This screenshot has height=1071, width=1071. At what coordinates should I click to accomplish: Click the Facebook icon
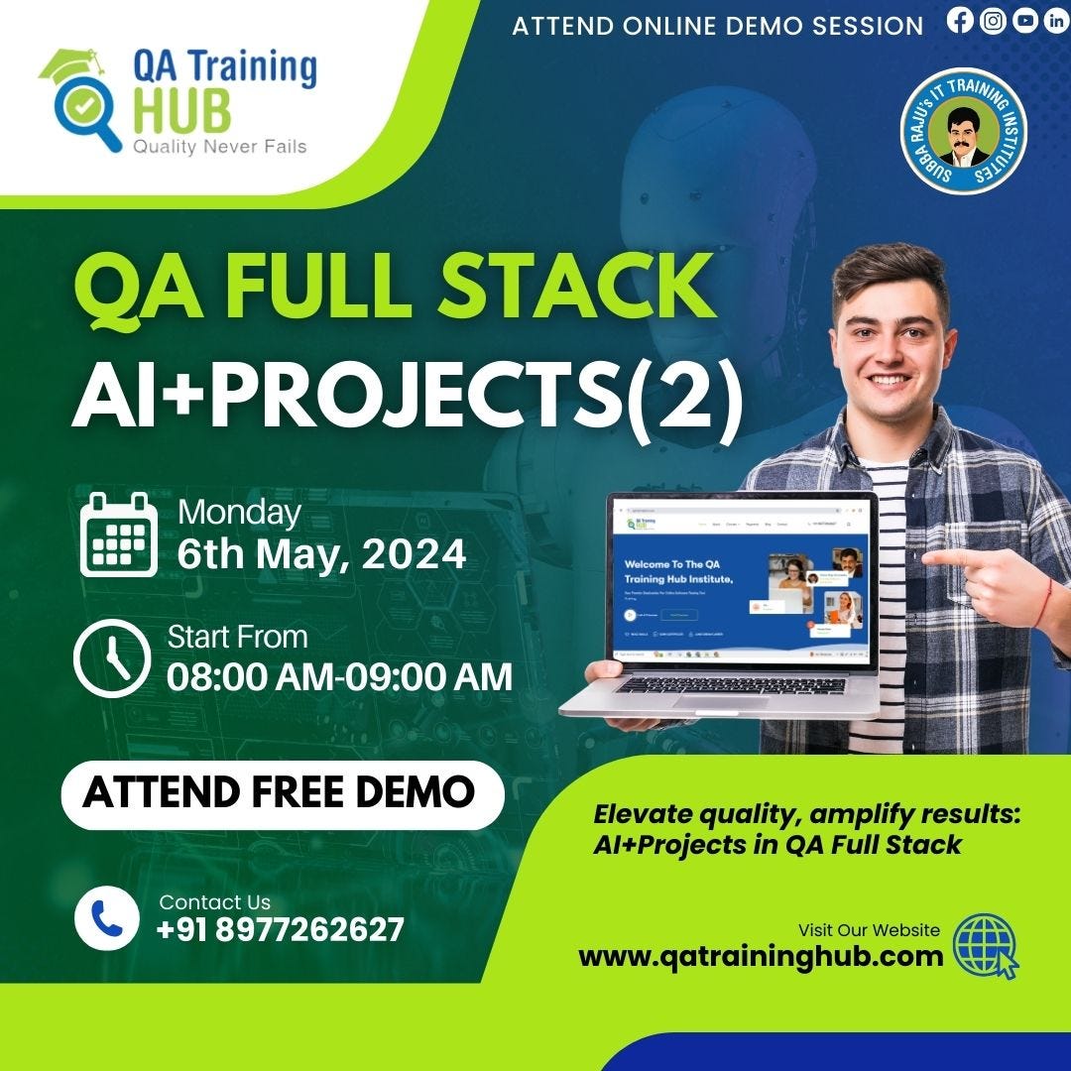pos(960,22)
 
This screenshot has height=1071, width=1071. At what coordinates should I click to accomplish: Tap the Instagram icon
pos(993,22)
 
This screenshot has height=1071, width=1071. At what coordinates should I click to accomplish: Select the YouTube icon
pos(1025,22)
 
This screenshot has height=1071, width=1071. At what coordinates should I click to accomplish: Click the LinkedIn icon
pos(1056,22)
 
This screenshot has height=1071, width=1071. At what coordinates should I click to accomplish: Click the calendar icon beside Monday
pos(118,535)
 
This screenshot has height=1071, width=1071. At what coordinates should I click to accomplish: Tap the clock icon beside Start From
pos(112,657)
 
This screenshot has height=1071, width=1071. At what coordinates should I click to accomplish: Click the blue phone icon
pos(106,918)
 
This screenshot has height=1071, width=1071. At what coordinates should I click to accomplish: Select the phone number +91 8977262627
pos(281,930)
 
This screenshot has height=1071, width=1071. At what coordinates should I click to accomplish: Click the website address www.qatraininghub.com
pos(761,956)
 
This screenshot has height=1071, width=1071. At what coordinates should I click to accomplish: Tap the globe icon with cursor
pos(984,945)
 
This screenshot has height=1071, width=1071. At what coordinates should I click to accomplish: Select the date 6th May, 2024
pos(321,553)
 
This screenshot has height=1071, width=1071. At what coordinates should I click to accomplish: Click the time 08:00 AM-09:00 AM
pos(339,676)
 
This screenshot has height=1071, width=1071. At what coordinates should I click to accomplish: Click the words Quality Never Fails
pos(219,148)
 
